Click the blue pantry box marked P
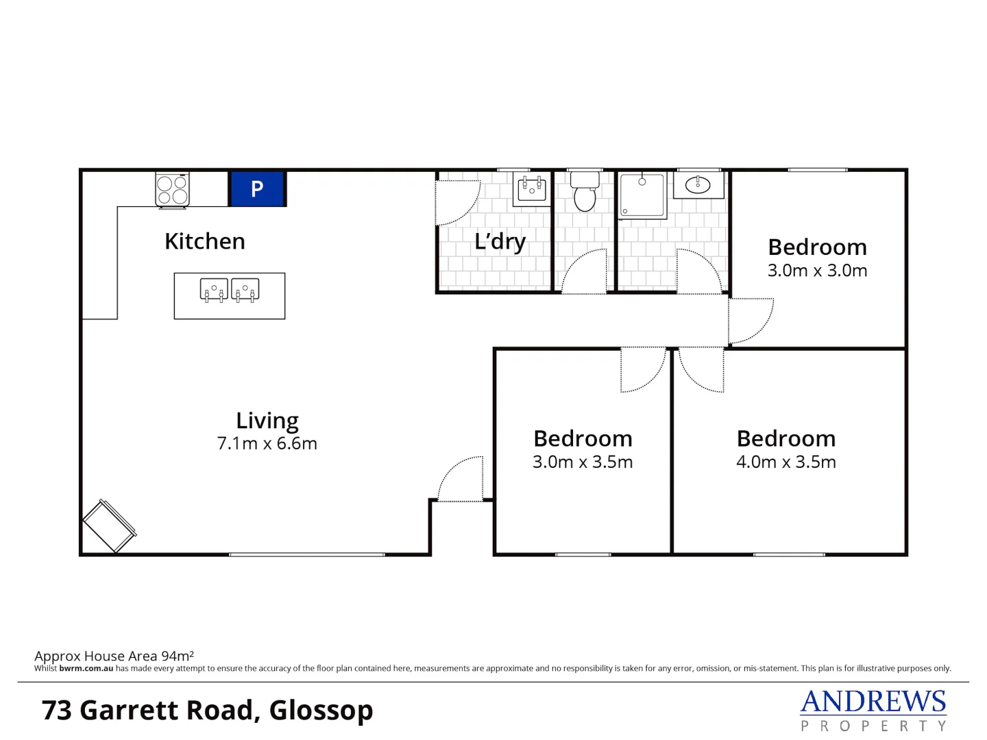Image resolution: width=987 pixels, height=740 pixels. point(257,189)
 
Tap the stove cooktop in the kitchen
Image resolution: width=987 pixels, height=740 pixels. point(172,190)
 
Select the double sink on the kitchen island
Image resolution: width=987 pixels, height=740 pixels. point(230,291)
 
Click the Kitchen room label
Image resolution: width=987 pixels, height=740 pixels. point(204,241)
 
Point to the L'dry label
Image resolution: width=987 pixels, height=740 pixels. point(500,241)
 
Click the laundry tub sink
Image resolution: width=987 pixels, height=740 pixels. point(532,187)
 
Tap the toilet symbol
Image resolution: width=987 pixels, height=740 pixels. point(585,193)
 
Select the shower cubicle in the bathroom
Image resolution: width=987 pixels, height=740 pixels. point(642,195)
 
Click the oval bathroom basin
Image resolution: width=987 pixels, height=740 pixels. point(698,185)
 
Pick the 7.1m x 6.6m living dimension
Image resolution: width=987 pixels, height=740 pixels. point(267,443)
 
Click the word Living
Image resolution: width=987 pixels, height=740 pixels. point(267,420)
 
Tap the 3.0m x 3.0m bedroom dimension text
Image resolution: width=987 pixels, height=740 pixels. point(817,271)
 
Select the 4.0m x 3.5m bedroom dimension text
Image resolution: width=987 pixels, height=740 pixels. point(785,462)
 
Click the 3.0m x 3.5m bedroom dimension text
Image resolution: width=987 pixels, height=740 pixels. point(583,462)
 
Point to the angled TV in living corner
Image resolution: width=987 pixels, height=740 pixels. point(110,526)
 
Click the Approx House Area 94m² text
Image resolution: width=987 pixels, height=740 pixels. point(114,656)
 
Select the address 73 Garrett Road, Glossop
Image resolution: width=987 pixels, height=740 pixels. point(207,711)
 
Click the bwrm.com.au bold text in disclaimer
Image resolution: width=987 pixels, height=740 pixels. point(86,669)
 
